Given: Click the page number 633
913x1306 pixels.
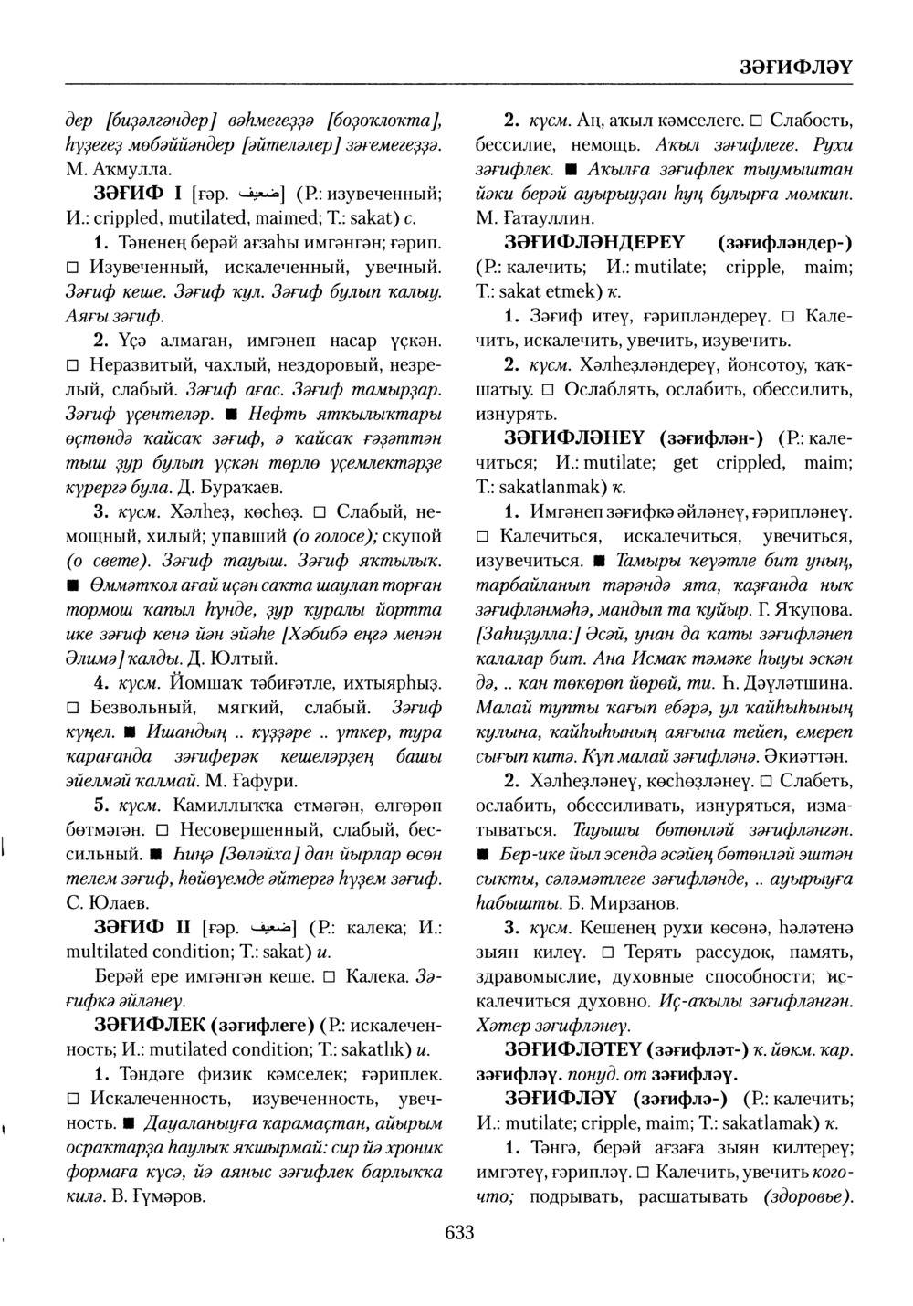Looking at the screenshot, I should pyautogui.click(x=459, y=1234).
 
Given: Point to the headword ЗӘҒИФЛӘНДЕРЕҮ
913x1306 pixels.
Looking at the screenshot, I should pyautogui.click(x=601, y=243).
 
